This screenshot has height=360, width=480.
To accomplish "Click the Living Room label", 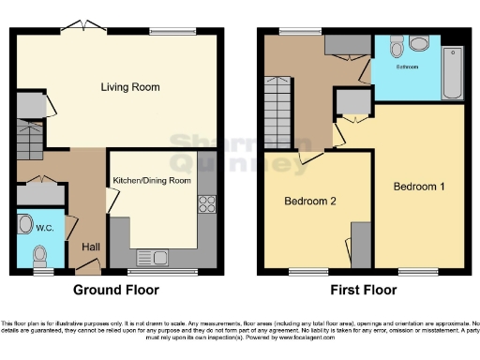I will point(130,87).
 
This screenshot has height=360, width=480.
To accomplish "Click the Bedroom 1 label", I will point(418,187).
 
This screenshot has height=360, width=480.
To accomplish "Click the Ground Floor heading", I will point(116,290).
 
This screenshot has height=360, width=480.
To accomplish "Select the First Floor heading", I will point(361,290).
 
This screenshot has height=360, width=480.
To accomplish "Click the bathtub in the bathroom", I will point(453,73).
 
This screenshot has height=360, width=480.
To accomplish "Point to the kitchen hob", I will point(206,206).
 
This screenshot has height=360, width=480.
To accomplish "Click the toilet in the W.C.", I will point(38,254).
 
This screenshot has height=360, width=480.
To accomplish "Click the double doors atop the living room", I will point(82,25).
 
